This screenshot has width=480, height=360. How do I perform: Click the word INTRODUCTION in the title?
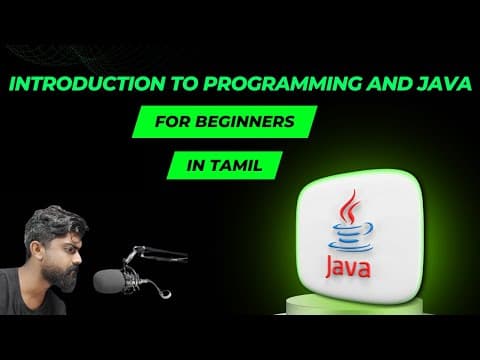87,84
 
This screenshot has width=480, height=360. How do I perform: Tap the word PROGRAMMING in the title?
282,84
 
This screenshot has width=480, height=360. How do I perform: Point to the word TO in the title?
184,84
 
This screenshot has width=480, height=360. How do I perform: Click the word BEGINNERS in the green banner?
245,122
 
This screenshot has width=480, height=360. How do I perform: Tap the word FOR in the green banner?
172,122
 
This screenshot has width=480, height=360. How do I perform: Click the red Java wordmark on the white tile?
348,267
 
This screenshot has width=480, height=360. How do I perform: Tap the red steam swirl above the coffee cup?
349,207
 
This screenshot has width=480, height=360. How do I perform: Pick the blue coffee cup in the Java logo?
352,237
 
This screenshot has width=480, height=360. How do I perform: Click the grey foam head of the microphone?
109,281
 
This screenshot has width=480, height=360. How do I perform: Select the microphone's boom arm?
157,252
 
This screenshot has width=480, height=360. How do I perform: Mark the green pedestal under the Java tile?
354,305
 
